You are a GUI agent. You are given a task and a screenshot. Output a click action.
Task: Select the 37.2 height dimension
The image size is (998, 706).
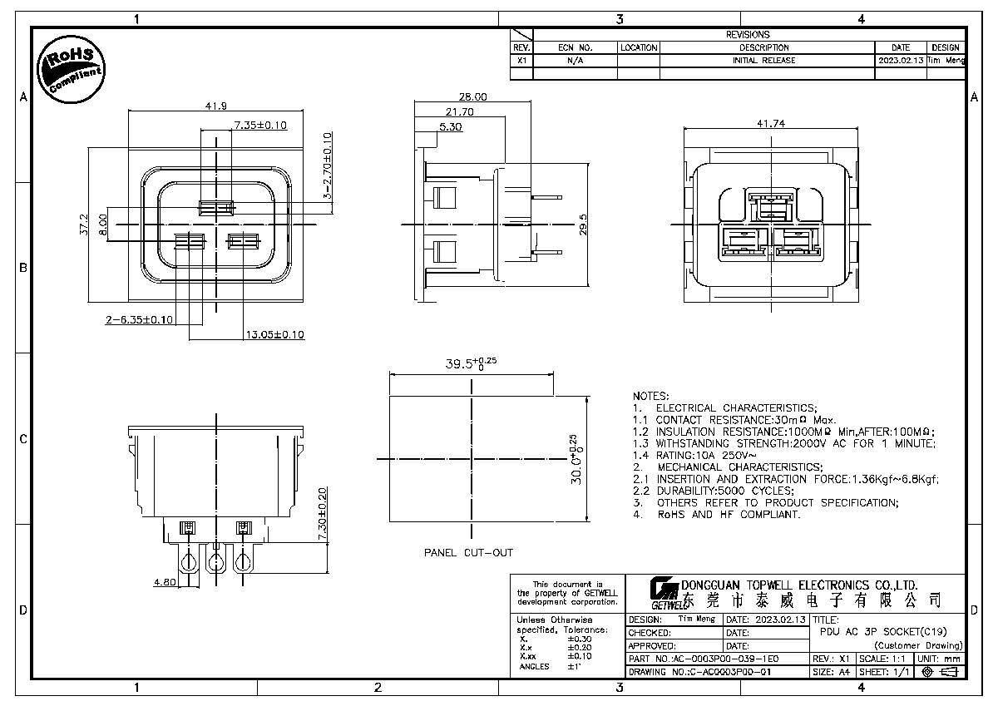click(x=83, y=225)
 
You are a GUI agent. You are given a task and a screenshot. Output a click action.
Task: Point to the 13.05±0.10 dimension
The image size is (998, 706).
click(x=274, y=334)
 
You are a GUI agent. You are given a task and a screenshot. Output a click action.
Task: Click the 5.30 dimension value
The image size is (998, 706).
click(x=450, y=127)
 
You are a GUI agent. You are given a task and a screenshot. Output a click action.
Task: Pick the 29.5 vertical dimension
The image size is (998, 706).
click(x=582, y=225)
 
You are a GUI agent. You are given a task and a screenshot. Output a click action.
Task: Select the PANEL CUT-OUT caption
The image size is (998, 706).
click(x=468, y=553)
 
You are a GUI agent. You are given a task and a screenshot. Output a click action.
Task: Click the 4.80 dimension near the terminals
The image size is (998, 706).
click(x=164, y=583)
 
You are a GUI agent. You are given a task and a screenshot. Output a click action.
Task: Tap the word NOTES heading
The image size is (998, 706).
click(x=650, y=396)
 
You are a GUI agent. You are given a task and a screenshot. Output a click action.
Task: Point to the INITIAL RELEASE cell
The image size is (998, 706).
click(x=763, y=61)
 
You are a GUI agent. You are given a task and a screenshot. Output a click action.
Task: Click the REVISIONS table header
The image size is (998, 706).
click(x=748, y=35)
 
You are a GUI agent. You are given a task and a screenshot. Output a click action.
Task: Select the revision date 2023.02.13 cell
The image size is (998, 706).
click(x=900, y=61)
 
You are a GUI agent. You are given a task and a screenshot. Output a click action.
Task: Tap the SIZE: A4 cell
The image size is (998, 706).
click(x=832, y=672)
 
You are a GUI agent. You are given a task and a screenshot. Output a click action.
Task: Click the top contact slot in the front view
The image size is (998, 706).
click(x=216, y=207)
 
